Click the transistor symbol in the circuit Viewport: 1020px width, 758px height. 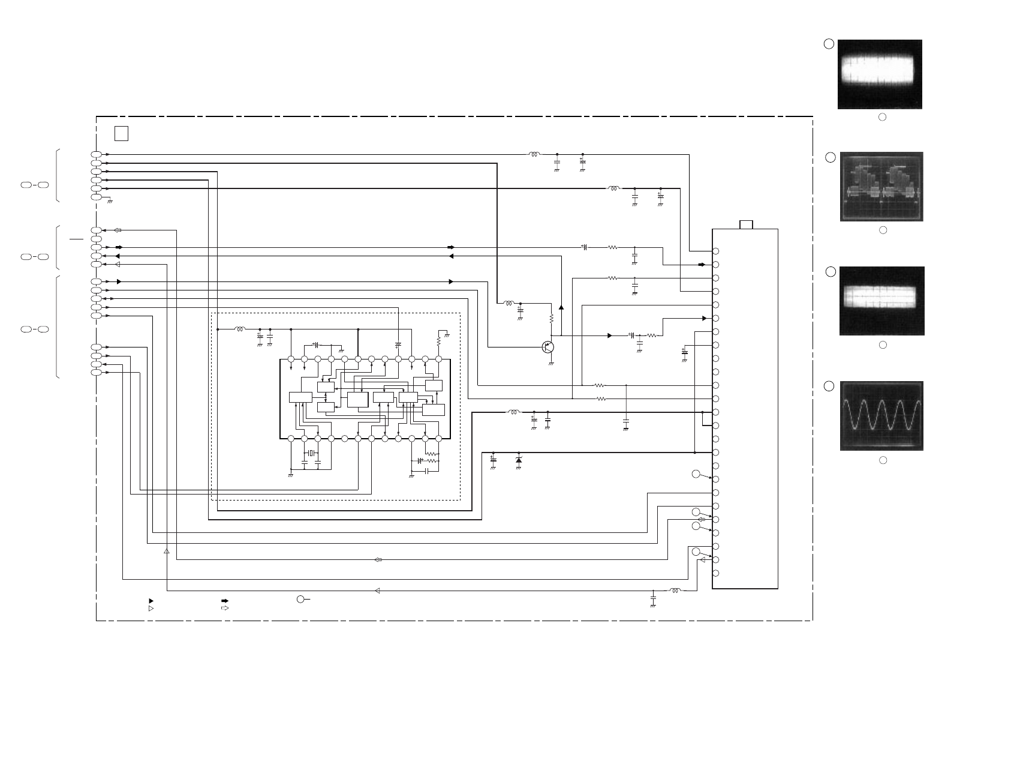547,347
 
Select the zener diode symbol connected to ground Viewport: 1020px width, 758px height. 519,459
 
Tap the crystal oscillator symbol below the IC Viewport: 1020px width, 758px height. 311,453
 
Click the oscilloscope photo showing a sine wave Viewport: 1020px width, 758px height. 881,416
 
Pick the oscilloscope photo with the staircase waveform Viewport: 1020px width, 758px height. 881,187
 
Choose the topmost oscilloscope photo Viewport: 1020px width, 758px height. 880,74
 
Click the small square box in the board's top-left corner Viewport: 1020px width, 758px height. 121,133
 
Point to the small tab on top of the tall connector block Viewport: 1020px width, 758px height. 746,224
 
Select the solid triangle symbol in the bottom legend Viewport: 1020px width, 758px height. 151,600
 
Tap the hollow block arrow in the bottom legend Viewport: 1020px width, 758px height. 225,608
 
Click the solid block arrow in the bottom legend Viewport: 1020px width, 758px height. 225,600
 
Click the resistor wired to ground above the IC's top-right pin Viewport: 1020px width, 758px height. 439,340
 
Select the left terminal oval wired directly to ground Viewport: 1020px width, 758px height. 96,197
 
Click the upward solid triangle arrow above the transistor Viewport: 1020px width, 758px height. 561,307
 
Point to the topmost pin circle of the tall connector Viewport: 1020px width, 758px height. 715,251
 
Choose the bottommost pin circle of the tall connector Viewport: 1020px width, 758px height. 715,573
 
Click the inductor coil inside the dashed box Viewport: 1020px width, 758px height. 239,329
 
